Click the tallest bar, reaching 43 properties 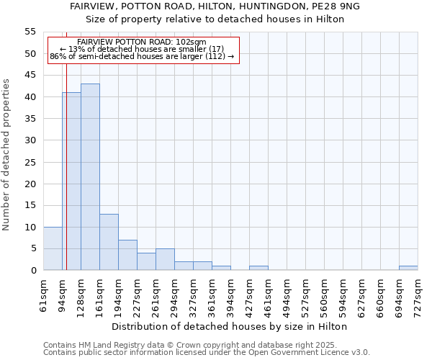coord(90,177)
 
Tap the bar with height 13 coord(109,242)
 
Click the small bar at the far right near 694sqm coord(408,268)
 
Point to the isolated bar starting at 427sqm coord(258,268)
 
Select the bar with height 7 coord(127,255)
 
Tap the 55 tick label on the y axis coord(30,32)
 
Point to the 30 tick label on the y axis coord(30,140)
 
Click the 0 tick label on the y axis coord(32,271)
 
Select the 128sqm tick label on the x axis coord(81,295)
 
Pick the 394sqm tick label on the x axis coord(230,295)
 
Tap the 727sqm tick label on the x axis coord(418,295)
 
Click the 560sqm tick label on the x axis coord(324,295)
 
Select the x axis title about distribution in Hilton coord(230,326)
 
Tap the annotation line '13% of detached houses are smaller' coord(142,48)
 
